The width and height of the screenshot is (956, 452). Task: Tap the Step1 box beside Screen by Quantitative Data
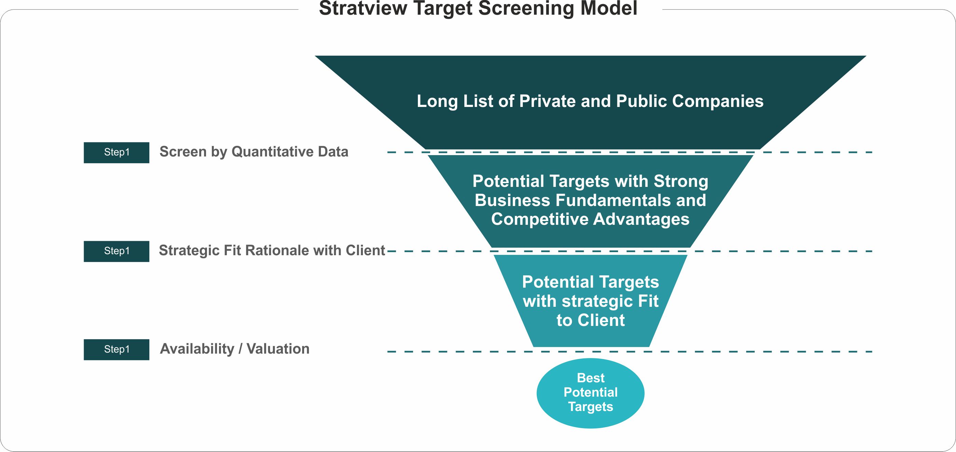[x=116, y=152]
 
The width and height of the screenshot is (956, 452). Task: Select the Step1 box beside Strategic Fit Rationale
[x=116, y=251]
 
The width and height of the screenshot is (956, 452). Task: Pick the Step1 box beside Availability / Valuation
[x=116, y=350]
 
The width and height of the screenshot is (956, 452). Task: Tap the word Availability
[x=197, y=349]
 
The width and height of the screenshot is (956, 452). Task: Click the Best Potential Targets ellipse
[x=590, y=393]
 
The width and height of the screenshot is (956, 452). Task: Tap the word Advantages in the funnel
[x=641, y=219]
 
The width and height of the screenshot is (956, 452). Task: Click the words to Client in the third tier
[x=590, y=320]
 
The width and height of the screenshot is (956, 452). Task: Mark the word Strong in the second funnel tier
[x=681, y=181]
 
